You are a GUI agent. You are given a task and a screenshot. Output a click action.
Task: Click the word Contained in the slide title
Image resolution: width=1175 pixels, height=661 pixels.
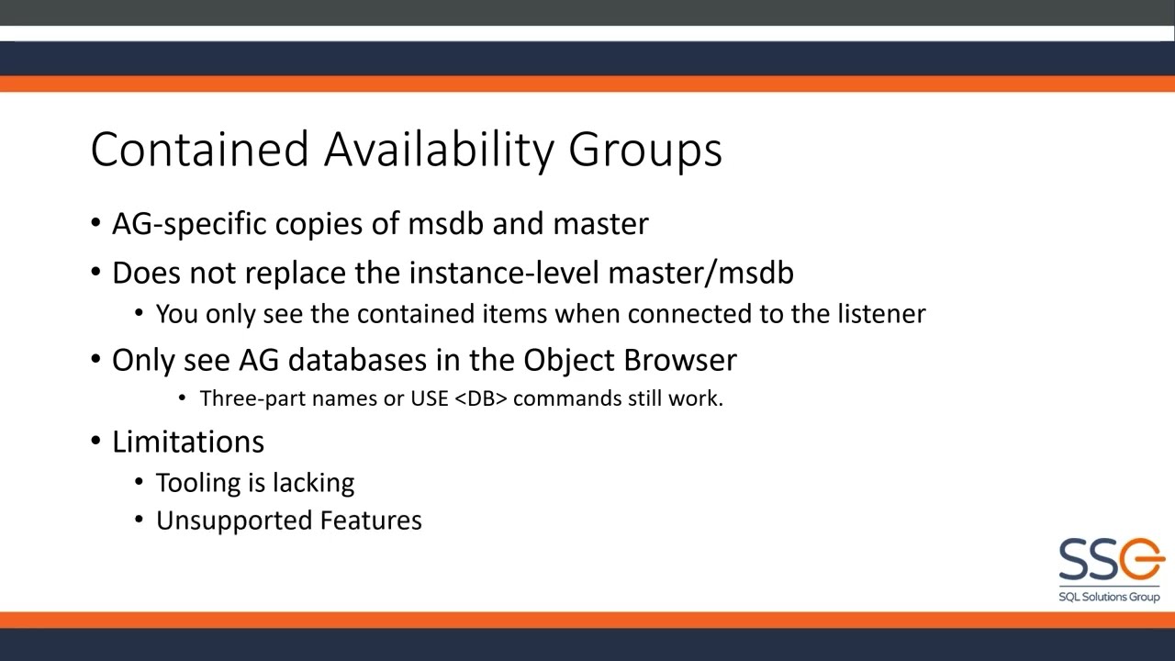pos(199,150)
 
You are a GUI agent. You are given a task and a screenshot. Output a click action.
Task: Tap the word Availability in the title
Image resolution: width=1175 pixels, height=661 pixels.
pos(438,150)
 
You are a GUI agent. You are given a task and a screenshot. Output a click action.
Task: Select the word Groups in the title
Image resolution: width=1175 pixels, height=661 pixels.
pos(645,150)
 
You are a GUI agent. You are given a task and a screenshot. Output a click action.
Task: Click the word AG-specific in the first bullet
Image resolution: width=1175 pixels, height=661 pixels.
pos(189,224)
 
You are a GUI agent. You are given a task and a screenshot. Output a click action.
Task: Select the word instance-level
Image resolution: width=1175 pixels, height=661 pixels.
pos(503,273)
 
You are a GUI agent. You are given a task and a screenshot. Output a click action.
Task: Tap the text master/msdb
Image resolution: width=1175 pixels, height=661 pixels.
pos(700,273)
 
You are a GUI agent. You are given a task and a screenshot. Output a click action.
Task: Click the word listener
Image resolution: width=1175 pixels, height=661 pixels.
pos(881,314)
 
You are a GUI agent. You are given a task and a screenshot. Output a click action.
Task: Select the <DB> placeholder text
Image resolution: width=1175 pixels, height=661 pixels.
pos(481,398)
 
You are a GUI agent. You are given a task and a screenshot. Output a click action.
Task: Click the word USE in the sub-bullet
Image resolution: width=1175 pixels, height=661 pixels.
pos(429,398)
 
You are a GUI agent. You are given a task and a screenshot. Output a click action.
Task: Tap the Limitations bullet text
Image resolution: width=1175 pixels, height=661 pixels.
pos(188,442)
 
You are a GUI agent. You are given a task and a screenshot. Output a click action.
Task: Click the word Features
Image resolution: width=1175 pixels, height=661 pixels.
pos(371,521)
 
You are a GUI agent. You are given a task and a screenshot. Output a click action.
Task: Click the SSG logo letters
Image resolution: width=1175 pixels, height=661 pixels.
pos(1110,560)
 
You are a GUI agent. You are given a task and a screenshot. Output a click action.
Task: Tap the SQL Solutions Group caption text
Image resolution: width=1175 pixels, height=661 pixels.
pos(1109,597)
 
